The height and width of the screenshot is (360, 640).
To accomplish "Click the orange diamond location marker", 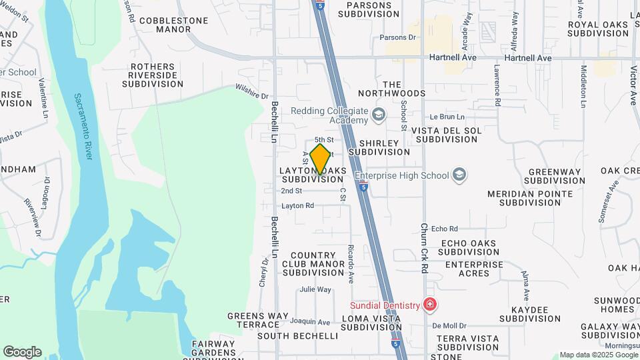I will (x=321, y=159).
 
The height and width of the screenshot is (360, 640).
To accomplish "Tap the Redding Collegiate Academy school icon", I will (x=379, y=115).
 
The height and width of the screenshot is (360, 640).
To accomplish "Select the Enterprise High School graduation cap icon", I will (x=459, y=175).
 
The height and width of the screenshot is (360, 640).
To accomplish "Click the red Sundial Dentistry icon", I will (x=430, y=305).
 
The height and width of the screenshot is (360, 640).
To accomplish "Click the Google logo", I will (x=22, y=351).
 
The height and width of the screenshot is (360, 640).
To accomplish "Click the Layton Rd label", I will (x=297, y=206).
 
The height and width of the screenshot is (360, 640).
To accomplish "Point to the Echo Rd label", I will (x=445, y=229).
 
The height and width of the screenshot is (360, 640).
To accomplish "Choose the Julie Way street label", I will (x=315, y=289).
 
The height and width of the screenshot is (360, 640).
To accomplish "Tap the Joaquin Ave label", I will (x=315, y=322).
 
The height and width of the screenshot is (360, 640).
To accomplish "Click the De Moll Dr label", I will (x=448, y=326).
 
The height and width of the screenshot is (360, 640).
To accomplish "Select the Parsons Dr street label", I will (x=397, y=37).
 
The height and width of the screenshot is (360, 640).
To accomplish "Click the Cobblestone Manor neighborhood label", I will (x=173, y=25).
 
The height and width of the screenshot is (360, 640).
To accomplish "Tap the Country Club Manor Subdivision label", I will (x=313, y=264).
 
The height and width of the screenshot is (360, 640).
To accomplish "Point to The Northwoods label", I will (x=391, y=89).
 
